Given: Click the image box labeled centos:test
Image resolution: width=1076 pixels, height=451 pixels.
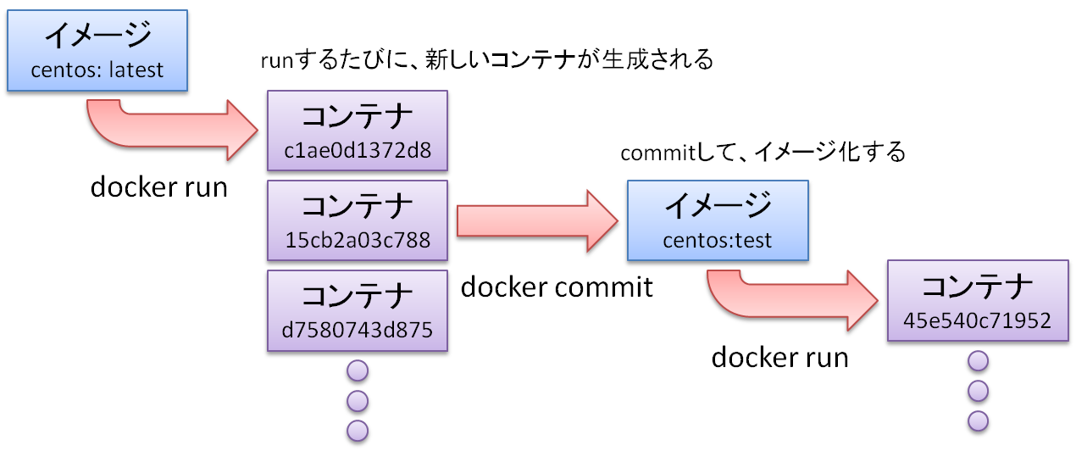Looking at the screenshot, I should (717, 220).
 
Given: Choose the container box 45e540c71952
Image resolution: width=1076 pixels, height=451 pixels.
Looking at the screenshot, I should (976, 302).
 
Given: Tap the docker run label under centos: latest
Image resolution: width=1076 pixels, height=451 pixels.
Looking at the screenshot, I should (159, 187).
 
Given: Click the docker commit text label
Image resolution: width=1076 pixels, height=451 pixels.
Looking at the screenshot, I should (557, 287).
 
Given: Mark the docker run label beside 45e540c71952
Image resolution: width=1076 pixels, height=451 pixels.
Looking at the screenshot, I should (779, 357).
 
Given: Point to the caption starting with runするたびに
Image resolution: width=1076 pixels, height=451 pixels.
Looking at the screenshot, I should (487, 61).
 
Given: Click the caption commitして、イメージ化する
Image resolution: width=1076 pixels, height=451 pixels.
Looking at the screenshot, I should (763, 153).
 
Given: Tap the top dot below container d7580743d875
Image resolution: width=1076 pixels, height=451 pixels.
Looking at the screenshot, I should (358, 370).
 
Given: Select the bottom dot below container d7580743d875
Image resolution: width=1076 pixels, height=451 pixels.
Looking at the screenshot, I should (358, 430).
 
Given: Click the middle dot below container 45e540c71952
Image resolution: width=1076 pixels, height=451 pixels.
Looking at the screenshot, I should (978, 391).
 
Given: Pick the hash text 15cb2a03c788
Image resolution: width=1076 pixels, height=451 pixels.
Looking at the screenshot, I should (358, 240).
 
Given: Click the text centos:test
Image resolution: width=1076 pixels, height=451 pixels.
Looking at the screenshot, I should (717, 240).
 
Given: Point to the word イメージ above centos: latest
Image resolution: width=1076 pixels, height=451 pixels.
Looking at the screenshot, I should (97, 36).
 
